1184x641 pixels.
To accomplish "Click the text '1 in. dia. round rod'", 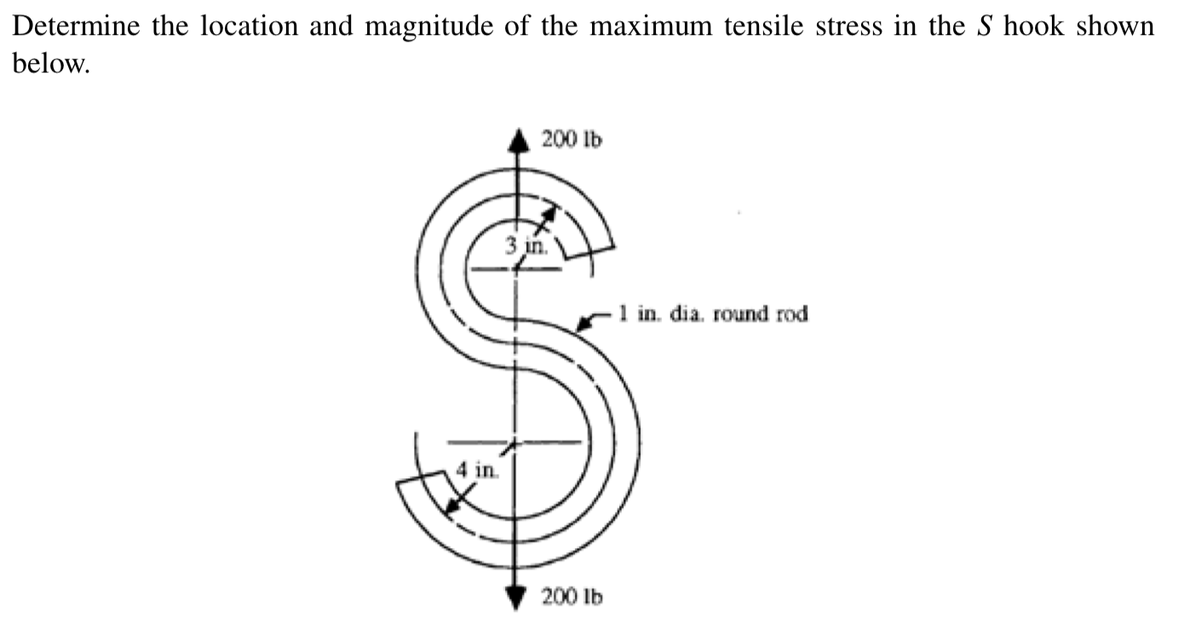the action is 713,315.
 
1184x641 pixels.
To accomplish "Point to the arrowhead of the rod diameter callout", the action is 584,324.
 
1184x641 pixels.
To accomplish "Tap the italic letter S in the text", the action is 986,26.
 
